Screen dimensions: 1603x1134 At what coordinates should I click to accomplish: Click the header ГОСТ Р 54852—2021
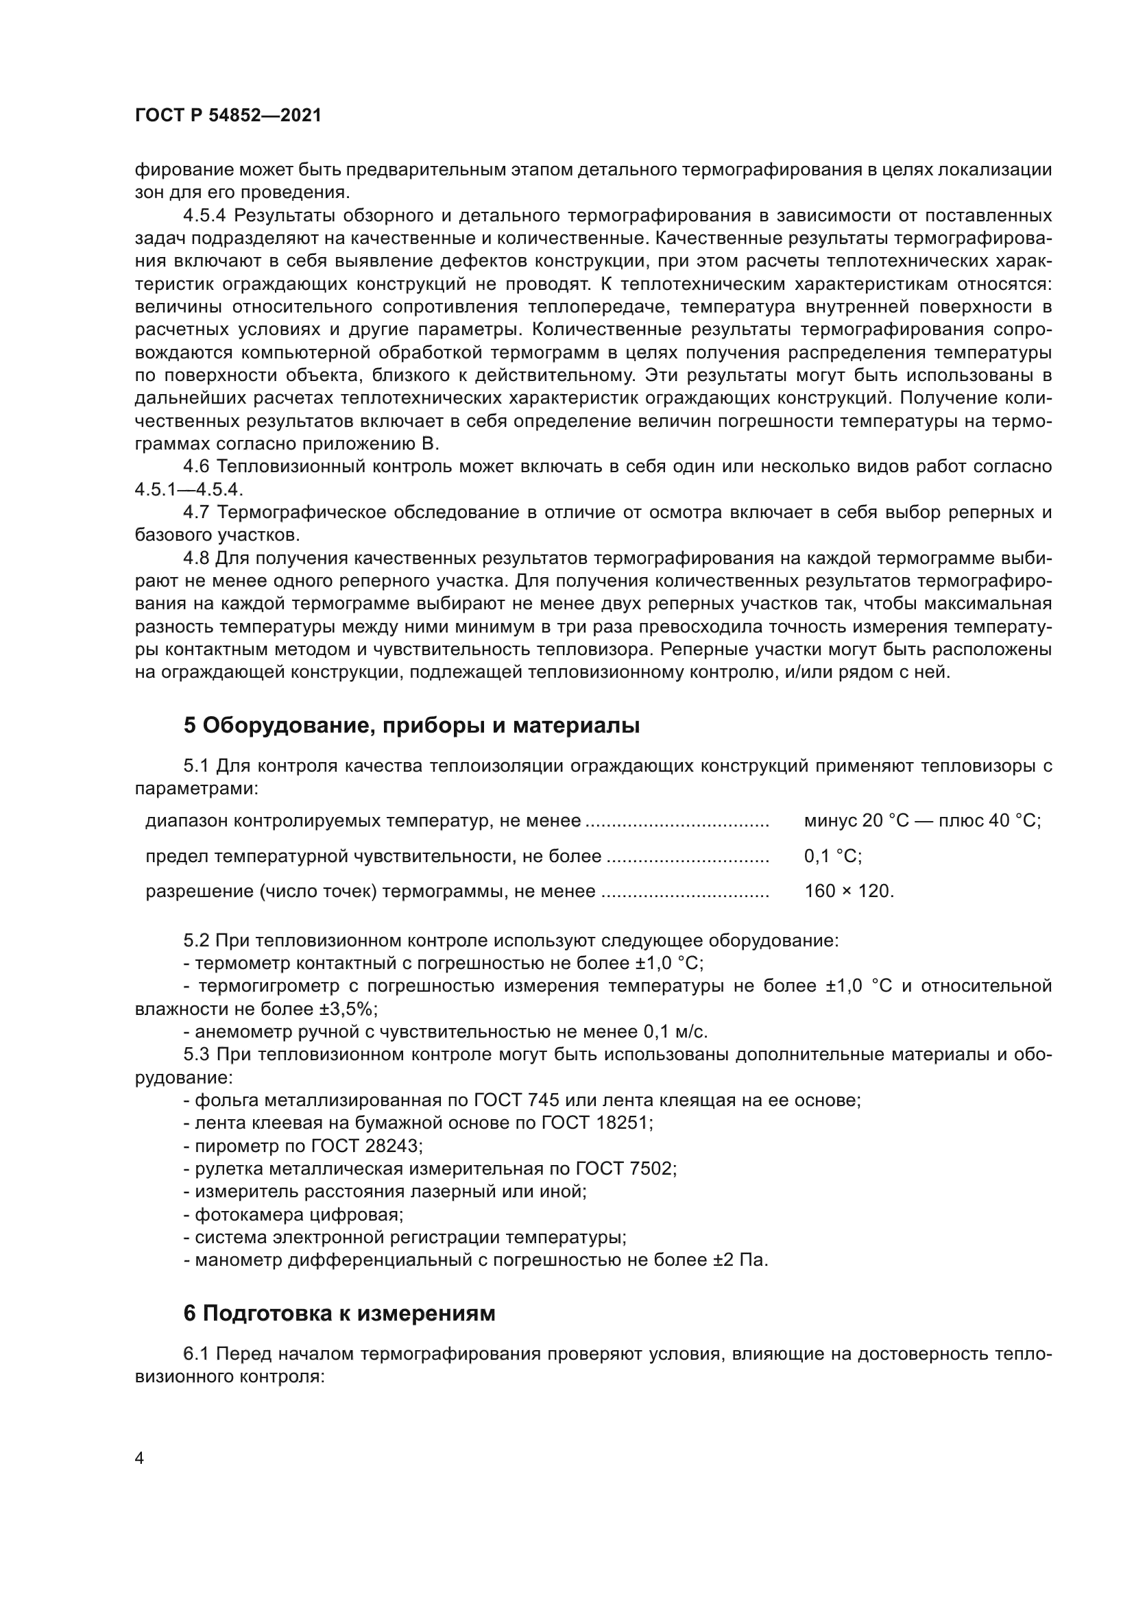pyautogui.click(x=228, y=116)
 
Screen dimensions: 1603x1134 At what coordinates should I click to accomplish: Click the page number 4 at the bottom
pyautogui.click(x=140, y=1459)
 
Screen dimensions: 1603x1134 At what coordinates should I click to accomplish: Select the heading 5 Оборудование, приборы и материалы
pyautogui.click(x=411, y=726)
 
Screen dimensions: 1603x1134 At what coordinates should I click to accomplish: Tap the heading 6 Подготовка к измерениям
pyautogui.click(x=339, y=1313)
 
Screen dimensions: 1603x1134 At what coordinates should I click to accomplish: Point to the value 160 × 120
pyautogui.click(x=848, y=892)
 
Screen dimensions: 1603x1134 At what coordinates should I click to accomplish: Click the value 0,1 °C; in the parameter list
pyautogui.click(x=832, y=856)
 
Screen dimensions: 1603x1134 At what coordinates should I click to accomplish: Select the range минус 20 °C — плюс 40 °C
pyautogui.click(x=921, y=821)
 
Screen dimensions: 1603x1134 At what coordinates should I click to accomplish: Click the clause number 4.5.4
pyautogui.click(x=206, y=216)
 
